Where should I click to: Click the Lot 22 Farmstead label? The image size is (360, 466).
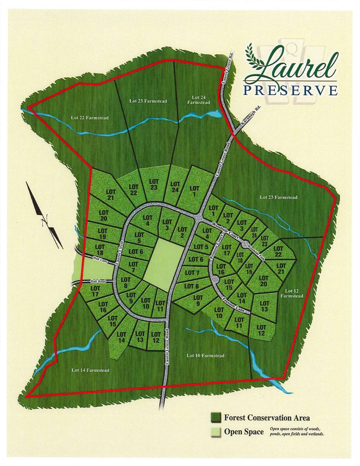coord(90,118)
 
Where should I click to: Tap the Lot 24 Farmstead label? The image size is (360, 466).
coord(198,100)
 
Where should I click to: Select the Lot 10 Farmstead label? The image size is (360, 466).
coord(205,356)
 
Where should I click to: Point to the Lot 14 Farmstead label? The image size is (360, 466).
coord(90,370)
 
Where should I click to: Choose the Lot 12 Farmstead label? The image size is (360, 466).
coord(294,293)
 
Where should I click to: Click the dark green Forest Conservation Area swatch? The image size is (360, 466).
coord(215,417)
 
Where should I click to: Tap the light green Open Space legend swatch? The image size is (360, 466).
coord(215,432)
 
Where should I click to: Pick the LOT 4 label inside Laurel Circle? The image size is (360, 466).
coord(148,220)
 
